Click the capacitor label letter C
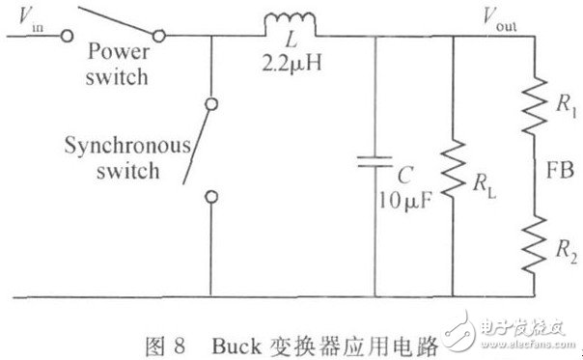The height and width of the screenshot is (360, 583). (x=407, y=179)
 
